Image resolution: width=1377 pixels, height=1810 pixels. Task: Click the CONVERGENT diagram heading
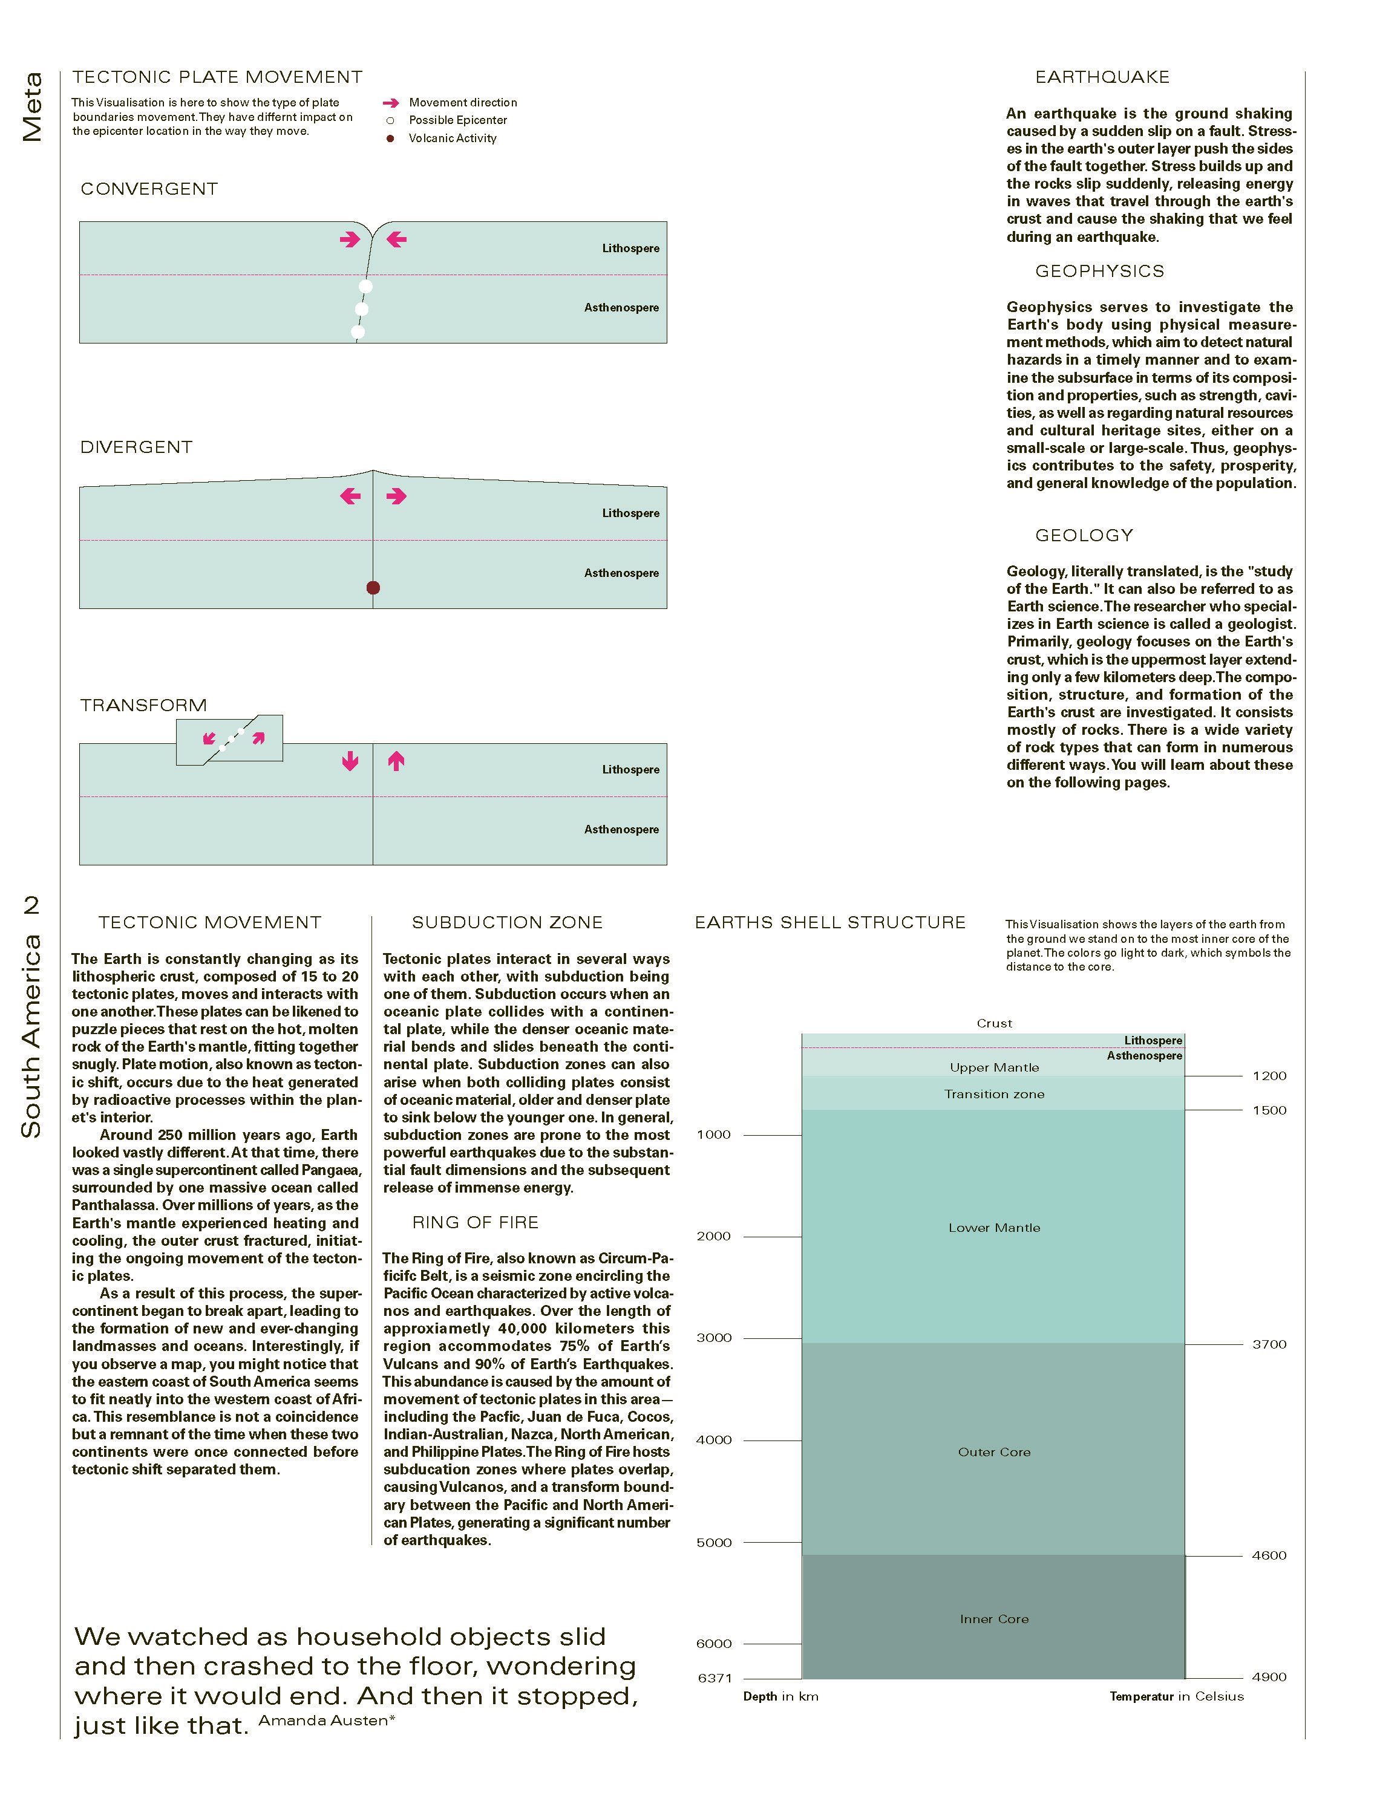point(149,189)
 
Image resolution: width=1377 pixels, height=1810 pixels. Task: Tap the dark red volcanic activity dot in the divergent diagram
point(373,587)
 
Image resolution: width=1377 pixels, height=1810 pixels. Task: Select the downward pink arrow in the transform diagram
point(350,761)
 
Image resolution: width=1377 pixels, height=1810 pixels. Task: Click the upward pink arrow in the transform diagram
point(397,761)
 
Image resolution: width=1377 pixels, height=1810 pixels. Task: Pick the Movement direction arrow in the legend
point(390,102)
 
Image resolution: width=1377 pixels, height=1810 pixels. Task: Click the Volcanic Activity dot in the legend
point(390,138)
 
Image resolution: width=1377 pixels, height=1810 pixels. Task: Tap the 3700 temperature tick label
point(1269,1344)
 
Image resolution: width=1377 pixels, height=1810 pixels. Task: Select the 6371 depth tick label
point(714,1678)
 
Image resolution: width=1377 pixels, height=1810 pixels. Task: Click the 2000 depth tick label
point(713,1237)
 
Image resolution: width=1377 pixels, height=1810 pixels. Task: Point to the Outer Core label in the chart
point(993,1452)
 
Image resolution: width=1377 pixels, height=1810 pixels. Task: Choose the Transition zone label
point(993,1094)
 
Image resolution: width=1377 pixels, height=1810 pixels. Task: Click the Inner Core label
point(993,1619)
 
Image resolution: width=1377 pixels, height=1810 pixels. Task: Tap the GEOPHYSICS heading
point(1099,271)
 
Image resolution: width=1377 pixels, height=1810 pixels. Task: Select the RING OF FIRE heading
point(476,1223)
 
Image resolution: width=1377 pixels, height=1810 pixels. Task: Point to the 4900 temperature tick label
point(1269,1678)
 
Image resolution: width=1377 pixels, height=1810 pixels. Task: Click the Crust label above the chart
point(994,1023)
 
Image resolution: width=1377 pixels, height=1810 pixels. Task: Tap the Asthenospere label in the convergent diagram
point(621,308)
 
